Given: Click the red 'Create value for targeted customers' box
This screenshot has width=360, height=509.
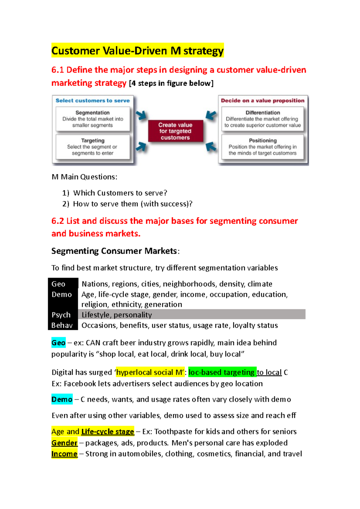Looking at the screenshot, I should point(175,131).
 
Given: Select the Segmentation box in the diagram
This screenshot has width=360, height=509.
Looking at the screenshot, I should point(93,119).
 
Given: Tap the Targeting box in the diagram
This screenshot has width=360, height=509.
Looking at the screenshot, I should point(93,147).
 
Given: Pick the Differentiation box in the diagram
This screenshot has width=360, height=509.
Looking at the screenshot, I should point(262,119).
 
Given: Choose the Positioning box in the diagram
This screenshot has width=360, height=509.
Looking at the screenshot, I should point(262,147).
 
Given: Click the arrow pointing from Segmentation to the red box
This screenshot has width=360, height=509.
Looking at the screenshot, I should point(141,115).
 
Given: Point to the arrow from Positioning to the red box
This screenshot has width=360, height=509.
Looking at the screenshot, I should point(211,147).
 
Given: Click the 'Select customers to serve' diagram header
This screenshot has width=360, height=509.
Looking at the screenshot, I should point(93,101).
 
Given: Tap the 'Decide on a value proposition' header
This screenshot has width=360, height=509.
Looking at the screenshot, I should point(262,101).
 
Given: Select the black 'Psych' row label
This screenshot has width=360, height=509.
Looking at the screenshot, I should point(61,315).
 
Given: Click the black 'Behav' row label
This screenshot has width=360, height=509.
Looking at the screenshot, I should point(62,325).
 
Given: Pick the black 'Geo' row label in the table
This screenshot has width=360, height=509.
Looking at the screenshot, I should point(58,284).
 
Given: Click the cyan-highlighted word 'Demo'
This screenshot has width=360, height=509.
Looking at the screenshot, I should point(62,399).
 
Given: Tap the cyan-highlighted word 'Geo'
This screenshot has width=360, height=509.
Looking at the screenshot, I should point(58,343).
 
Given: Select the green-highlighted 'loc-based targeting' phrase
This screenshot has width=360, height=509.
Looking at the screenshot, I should point(222,372).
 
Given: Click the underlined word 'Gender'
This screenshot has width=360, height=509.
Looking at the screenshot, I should point(64,443).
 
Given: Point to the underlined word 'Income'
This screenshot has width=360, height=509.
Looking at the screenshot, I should point(64,454).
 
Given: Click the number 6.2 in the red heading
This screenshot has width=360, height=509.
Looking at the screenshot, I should point(58,221).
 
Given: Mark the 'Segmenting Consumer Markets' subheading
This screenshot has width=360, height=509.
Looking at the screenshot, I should point(114,251).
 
